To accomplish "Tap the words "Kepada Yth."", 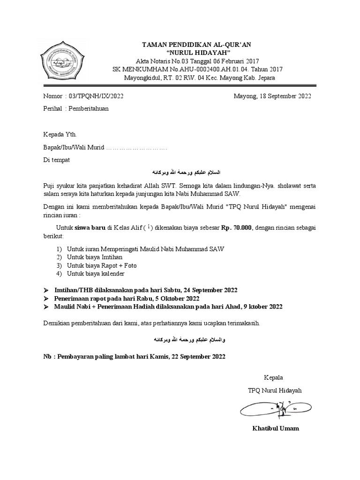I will [56, 135].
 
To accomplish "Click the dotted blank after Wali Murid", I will [136, 148].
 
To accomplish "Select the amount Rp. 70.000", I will [237, 228].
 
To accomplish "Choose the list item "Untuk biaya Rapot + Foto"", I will [102, 265].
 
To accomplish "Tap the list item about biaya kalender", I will [96, 273].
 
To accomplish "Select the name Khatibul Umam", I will [275, 428].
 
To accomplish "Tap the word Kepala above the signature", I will [274, 377].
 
